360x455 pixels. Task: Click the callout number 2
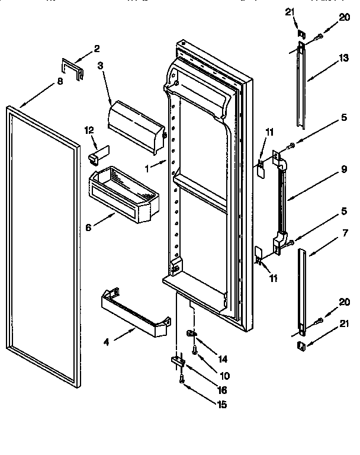pos(97,49)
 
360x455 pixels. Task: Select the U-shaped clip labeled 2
pos(72,68)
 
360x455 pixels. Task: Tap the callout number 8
pos(60,83)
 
